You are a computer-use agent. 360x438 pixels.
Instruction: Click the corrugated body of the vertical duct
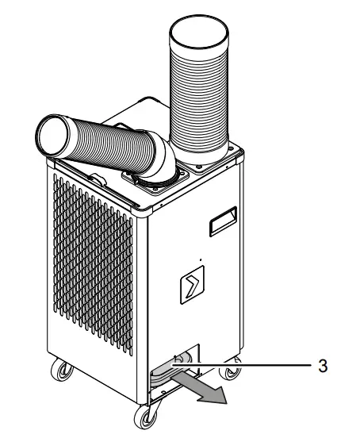(199, 95)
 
